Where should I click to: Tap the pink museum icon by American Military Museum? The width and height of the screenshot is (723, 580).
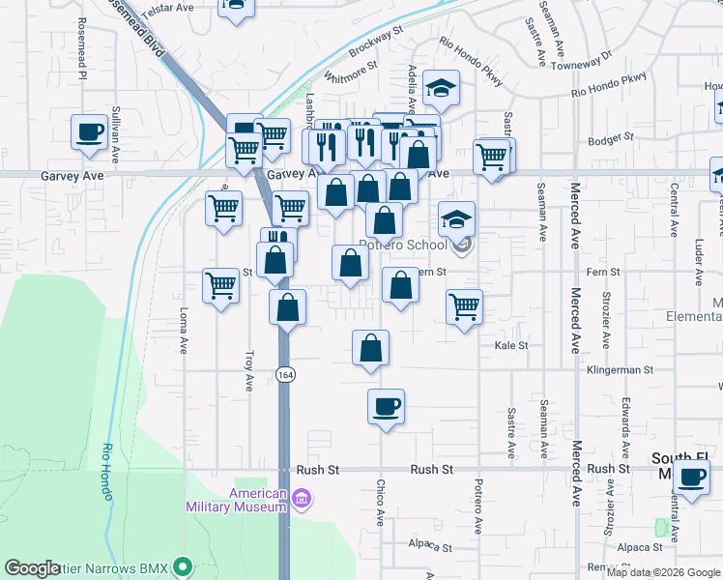[302, 499]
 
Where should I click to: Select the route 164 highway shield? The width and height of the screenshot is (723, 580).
[284, 374]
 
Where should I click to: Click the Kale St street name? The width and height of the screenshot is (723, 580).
[511, 345]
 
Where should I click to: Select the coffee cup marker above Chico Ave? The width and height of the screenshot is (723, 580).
[386, 405]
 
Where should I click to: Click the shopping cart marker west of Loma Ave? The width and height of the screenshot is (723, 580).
[221, 285]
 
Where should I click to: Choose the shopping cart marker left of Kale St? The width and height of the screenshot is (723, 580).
[465, 306]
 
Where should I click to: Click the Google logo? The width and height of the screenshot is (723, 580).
[32, 568]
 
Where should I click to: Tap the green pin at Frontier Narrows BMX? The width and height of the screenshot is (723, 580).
[183, 566]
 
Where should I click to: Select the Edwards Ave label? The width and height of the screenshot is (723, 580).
[626, 416]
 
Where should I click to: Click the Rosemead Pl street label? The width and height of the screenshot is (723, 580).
[82, 47]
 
